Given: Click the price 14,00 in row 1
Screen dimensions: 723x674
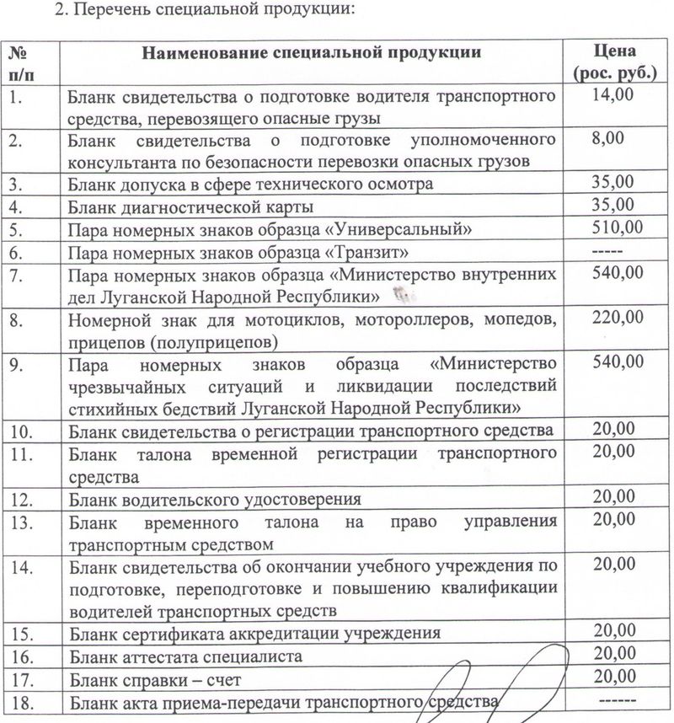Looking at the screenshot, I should (612, 95).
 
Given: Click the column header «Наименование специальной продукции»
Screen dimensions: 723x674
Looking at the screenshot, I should (312, 52).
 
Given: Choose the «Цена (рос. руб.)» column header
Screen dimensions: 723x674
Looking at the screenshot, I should (614, 62).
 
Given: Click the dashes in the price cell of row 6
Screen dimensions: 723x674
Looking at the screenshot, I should (607, 251).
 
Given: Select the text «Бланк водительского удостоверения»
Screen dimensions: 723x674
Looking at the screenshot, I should (209, 499).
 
